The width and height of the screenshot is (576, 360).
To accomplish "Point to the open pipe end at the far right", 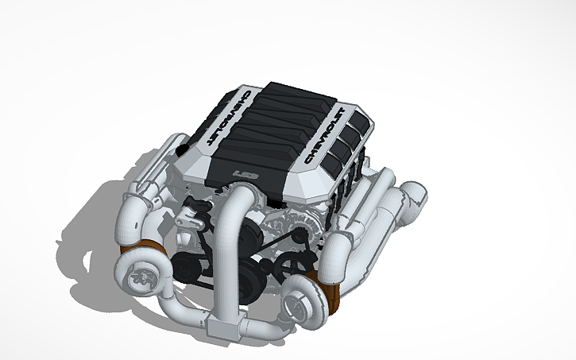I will click(x=415, y=195).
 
